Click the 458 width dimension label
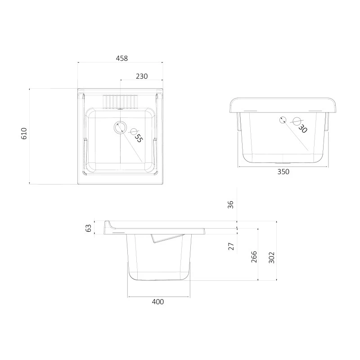click(x=121, y=58)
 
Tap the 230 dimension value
click(x=142, y=76)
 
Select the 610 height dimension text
click(x=24, y=133)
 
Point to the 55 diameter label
click(x=139, y=138)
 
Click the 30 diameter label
click(x=302, y=129)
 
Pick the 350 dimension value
click(x=283, y=172)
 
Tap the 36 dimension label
click(x=230, y=204)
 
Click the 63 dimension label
click(x=88, y=228)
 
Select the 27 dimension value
click(x=231, y=246)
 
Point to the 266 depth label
click(x=254, y=256)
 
